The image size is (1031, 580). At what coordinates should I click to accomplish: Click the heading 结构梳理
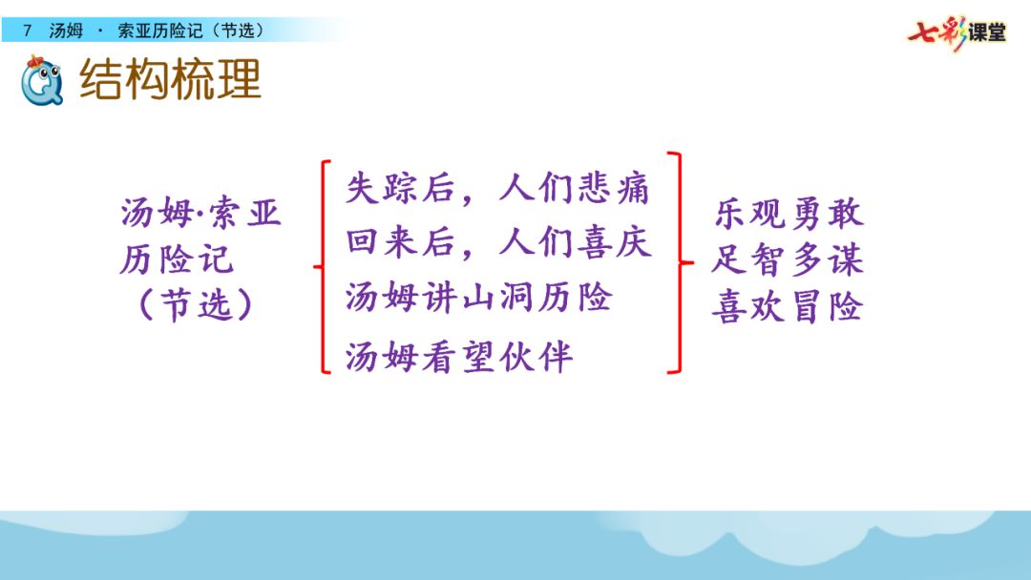tap(170, 79)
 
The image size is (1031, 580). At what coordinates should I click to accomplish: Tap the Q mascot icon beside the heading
tap(41, 81)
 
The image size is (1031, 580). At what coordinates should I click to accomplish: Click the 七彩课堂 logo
tap(957, 32)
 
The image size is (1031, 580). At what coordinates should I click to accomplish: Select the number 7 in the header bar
tap(27, 31)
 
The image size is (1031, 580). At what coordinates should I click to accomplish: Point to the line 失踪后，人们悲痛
tap(497, 189)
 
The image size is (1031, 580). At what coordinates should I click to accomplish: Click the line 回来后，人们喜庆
tap(498, 241)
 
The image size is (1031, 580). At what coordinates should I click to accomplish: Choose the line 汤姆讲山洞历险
tap(479, 297)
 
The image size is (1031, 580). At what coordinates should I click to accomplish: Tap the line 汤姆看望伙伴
tap(459, 357)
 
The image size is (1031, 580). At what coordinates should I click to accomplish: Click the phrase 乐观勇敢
tap(789, 214)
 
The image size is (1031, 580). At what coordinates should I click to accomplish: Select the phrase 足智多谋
tap(788, 259)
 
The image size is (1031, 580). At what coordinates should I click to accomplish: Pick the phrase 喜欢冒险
tap(788, 306)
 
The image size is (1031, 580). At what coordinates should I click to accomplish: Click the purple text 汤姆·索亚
tap(201, 213)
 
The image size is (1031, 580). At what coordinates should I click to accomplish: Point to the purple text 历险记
tap(177, 259)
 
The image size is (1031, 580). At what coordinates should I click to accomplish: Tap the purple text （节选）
tap(196, 304)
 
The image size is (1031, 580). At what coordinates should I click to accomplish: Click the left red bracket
tap(324, 267)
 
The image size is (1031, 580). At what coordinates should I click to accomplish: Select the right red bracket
tap(680, 262)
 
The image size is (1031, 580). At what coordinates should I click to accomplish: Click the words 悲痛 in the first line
tap(614, 189)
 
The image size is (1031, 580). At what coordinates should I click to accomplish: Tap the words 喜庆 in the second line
tap(614, 241)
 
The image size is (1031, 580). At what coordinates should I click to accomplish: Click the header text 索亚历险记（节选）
tap(191, 31)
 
